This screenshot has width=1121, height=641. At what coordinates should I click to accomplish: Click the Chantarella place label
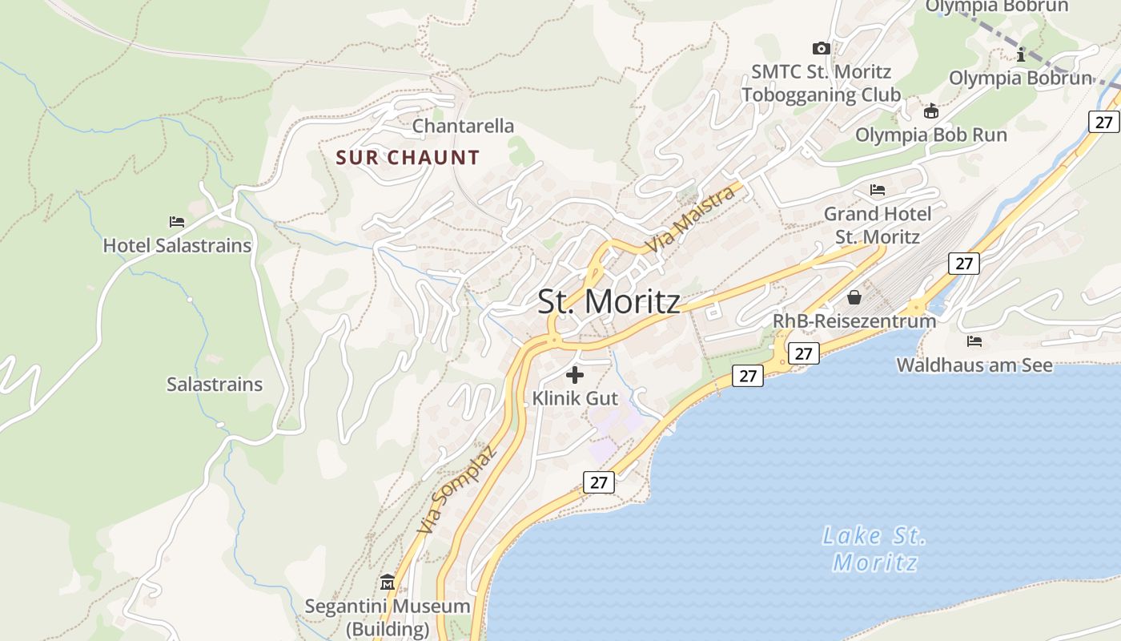pyautogui.click(x=463, y=126)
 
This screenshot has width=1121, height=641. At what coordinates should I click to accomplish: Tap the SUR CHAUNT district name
pyautogui.click(x=408, y=157)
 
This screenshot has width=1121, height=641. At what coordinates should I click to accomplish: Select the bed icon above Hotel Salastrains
pyautogui.click(x=177, y=221)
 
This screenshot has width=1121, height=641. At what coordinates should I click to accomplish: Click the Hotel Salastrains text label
pyautogui.click(x=177, y=245)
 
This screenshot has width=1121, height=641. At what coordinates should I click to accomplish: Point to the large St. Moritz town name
pyautogui.click(x=609, y=301)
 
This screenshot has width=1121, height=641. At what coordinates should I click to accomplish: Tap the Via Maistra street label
pyautogui.click(x=691, y=219)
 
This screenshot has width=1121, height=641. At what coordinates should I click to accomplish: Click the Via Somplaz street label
pyautogui.click(x=457, y=490)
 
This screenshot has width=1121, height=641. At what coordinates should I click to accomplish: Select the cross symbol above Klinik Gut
pyautogui.click(x=575, y=374)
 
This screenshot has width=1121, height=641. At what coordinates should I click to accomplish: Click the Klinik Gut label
pyautogui.click(x=575, y=398)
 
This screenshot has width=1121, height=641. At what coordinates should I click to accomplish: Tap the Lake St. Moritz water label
pyautogui.click(x=874, y=548)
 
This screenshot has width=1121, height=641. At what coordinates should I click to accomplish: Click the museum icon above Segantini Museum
pyautogui.click(x=388, y=581)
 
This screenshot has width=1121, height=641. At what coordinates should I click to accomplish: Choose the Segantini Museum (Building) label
pyautogui.click(x=388, y=617)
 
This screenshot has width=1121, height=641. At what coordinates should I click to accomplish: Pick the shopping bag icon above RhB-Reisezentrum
pyautogui.click(x=854, y=297)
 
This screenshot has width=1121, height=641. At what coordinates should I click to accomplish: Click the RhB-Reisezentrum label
pyautogui.click(x=854, y=320)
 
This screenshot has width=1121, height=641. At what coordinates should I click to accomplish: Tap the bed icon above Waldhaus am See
pyautogui.click(x=974, y=341)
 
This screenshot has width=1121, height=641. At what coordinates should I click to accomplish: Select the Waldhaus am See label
pyautogui.click(x=974, y=365)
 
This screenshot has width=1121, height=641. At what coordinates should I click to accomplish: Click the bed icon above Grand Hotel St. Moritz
pyautogui.click(x=878, y=190)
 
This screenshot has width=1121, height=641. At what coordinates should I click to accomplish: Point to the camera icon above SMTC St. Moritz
pyautogui.click(x=821, y=48)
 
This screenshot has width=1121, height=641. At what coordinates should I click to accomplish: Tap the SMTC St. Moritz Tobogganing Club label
pyautogui.click(x=821, y=83)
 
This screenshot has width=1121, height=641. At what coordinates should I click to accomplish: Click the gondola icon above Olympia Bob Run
pyautogui.click(x=930, y=111)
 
